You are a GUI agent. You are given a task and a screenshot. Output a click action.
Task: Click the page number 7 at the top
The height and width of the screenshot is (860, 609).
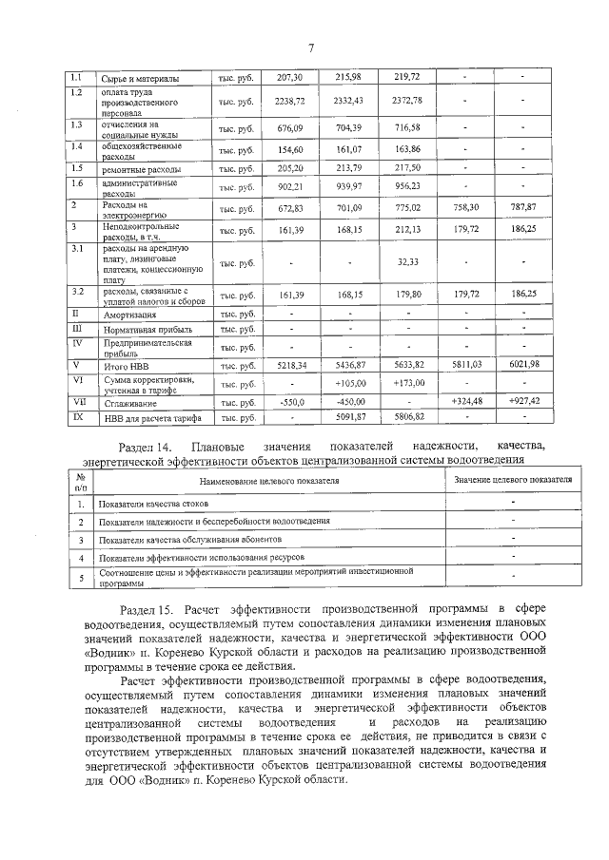309,49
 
